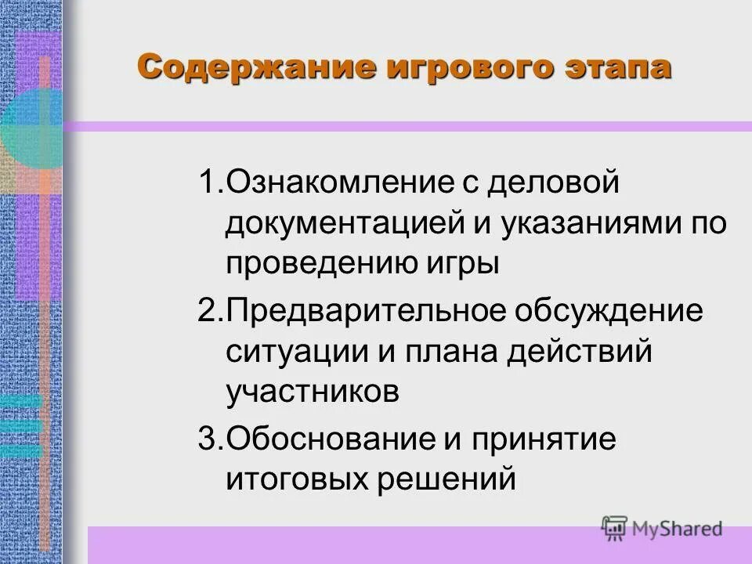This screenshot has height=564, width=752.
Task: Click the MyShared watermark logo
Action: coord(661,528)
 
